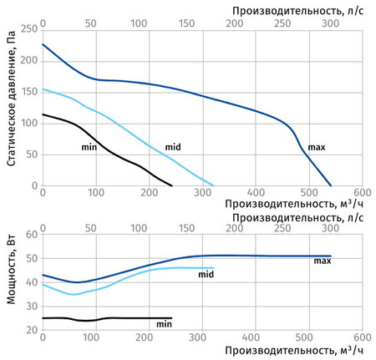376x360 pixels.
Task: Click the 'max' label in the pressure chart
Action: (x=317, y=147)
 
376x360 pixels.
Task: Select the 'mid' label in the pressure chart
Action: (x=173, y=147)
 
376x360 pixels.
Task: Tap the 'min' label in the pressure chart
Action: (x=89, y=147)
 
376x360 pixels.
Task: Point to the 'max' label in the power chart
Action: (x=323, y=261)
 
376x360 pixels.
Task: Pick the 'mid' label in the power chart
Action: (x=206, y=273)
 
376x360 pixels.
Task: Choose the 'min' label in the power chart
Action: (x=164, y=323)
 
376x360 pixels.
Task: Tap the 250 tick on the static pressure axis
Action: (x=29, y=29)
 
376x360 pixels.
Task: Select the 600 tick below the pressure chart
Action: (x=362, y=192)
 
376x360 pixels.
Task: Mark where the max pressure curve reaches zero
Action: (x=331, y=185)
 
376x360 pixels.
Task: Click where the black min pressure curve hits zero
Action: (x=171, y=185)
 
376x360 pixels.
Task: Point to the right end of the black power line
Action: (x=171, y=317)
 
